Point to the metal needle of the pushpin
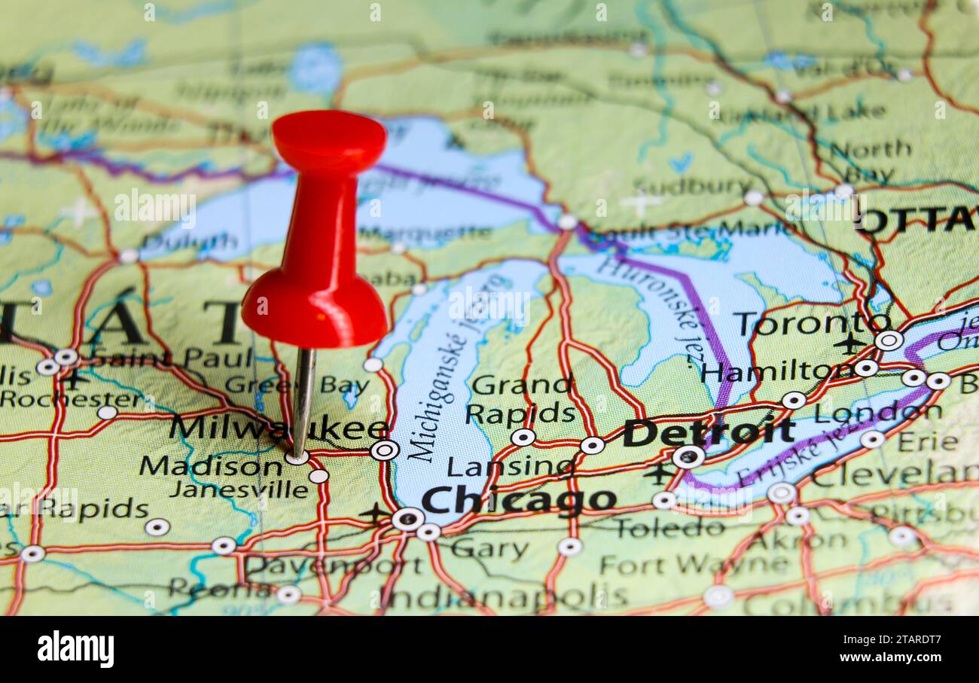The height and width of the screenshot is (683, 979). tap(303, 399)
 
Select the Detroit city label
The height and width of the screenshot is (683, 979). tap(708, 432)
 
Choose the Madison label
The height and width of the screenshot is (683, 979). tap(210, 466)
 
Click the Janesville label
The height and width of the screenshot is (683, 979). tap(239, 489)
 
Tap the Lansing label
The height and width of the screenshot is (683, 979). tap(509, 467)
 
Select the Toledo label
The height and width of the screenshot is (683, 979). tap(669, 528)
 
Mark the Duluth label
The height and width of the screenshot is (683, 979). tap(189, 242)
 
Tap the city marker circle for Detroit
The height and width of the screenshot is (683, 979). tap(688, 456)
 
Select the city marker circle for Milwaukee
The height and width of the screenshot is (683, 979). tap(384, 450)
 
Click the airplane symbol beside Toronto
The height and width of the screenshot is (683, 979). tap(849, 343)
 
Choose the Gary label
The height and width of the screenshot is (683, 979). tap(489, 550)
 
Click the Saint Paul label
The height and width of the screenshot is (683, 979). tap(172, 358)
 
